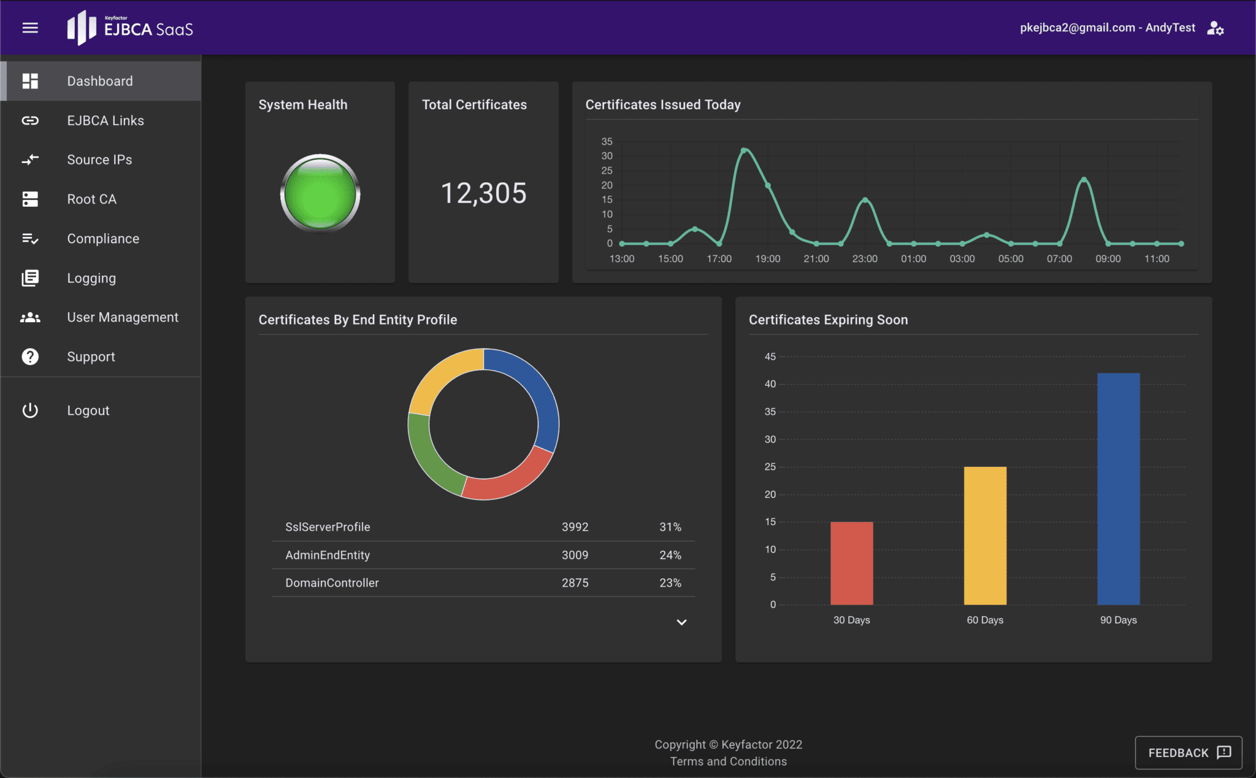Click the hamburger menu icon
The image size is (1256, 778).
pyautogui.click(x=30, y=28)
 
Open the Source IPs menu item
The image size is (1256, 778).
pyautogui.click(x=99, y=160)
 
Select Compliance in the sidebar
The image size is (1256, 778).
pyautogui.click(x=103, y=239)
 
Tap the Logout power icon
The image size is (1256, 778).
pyautogui.click(x=30, y=410)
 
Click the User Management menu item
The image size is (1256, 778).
pyautogui.click(x=123, y=317)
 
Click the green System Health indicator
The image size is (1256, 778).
pyautogui.click(x=320, y=193)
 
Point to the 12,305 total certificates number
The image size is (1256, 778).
pyautogui.click(x=483, y=193)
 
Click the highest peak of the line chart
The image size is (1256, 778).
pyautogui.click(x=744, y=150)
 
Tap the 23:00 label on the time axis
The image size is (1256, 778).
pyautogui.click(x=865, y=259)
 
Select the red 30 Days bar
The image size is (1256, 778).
pyautogui.click(x=851, y=563)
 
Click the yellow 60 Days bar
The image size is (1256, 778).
pyautogui.click(x=985, y=535)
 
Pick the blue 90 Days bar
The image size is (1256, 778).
pyautogui.click(x=1118, y=488)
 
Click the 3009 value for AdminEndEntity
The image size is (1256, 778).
pyautogui.click(x=575, y=555)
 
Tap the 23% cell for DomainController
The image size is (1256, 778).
pyautogui.click(x=670, y=583)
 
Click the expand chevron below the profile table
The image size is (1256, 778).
pyautogui.click(x=681, y=622)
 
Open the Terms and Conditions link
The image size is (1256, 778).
pyautogui.click(x=728, y=761)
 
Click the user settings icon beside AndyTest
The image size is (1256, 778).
pyautogui.click(x=1215, y=28)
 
